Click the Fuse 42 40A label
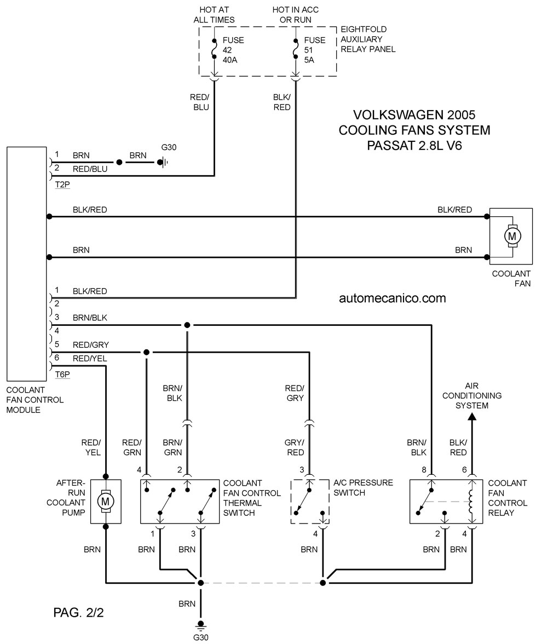click(x=233, y=50)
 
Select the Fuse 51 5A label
click(x=315, y=50)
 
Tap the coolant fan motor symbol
click(x=512, y=236)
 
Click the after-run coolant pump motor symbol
click(x=106, y=502)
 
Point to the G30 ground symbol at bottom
click(x=200, y=625)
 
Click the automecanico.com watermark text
click(x=392, y=298)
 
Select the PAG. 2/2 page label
click(x=78, y=612)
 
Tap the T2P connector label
click(x=62, y=185)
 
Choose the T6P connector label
click(x=62, y=374)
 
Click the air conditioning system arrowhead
click(x=472, y=417)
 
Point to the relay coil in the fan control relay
click(x=471, y=502)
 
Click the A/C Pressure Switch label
click(x=363, y=487)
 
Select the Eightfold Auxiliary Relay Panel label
click(x=368, y=39)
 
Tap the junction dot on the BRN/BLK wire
click(x=187, y=325)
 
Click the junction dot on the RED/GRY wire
click(x=146, y=353)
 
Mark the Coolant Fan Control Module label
click(x=35, y=400)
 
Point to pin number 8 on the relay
click(x=424, y=469)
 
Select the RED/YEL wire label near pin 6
click(x=90, y=359)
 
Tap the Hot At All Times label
click(x=214, y=15)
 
